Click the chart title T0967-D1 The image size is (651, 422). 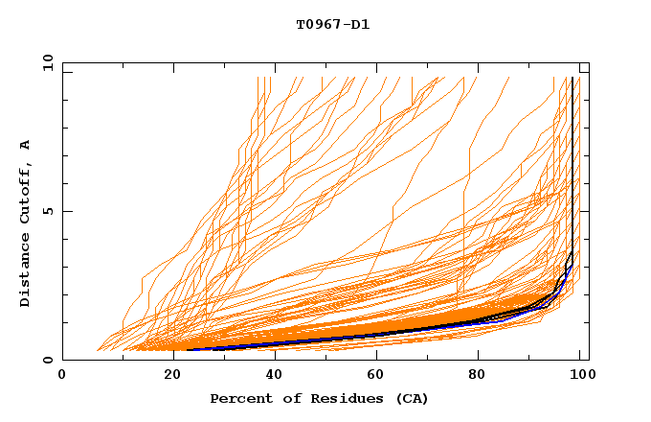332,25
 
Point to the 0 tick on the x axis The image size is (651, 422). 62,377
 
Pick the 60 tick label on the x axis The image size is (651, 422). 375,377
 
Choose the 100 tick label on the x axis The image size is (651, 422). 580,377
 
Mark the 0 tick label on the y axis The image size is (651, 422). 48,361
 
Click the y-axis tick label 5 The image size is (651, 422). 48,212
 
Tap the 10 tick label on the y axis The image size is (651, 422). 45,63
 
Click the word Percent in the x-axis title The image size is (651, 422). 237,399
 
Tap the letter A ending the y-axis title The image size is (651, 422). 26,144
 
